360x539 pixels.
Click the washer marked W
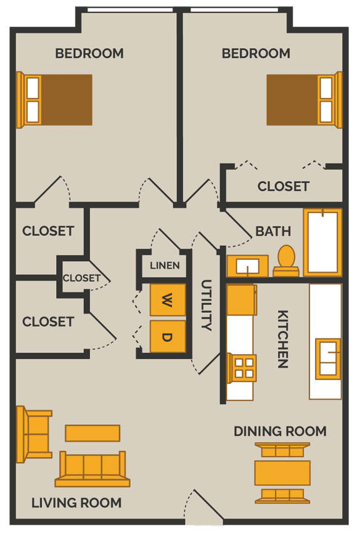pyautogui.click(x=167, y=300)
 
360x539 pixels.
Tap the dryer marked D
pyautogui.click(x=167, y=337)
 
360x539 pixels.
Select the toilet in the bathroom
pyautogui.click(x=286, y=260)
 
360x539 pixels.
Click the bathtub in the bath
pyautogui.click(x=322, y=242)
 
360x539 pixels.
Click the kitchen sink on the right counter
pyautogui.click(x=328, y=359)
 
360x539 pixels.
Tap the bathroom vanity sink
pyautogui.click(x=247, y=266)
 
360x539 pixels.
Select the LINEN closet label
pyautogui.click(x=165, y=265)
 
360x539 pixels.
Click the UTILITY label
pyautogui.click(x=206, y=305)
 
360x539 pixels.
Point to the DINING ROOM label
pyautogui.click(x=280, y=431)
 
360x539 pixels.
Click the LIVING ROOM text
pyautogui.click(x=76, y=503)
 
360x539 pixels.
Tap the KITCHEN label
pyautogui.click(x=282, y=339)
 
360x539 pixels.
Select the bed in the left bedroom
pyautogui.click(x=56, y=100)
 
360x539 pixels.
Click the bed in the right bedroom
pyautogui.click(x=304, y=100)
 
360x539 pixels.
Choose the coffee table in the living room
pyautogui.click(x=92, y=433)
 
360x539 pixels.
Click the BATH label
pyautogui.click(x=273, y=231)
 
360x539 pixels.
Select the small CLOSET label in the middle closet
pyautogui.click(x=81, y=278)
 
